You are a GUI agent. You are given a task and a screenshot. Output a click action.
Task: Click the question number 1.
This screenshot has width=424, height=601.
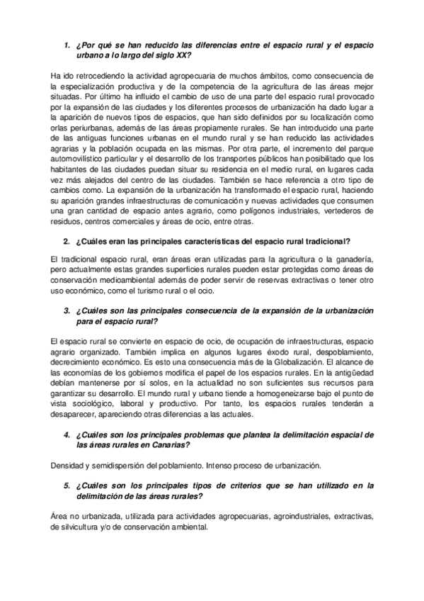(67, 45)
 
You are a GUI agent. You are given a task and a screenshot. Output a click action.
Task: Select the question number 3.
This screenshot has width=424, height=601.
(67, 310)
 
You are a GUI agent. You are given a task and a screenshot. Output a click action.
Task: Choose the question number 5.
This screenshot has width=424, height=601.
(67, 485)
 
